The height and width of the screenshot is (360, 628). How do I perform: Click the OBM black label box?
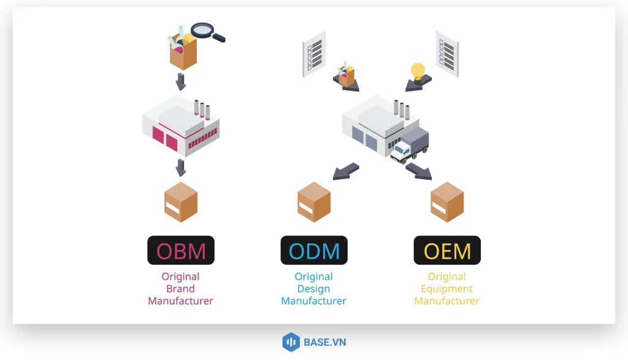(181, 250)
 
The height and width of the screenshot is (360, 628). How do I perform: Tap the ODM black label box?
(314, 250)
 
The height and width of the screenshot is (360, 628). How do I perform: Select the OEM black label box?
(447, 250)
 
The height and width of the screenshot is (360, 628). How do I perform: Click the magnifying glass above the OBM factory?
(206, 31)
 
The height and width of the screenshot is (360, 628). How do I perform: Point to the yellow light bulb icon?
(418, 71)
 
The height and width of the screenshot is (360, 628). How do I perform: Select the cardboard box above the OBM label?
(181, 202)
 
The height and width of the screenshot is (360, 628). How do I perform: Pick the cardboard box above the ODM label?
(314, 202)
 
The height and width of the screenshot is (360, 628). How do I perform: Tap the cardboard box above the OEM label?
(447, 202)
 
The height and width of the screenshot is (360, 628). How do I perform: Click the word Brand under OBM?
(180, 289)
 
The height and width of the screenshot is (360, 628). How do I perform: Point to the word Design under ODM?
(313, 289)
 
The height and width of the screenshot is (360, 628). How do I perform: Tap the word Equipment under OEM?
(446, 289)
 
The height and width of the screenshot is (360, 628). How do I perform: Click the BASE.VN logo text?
(324, 342)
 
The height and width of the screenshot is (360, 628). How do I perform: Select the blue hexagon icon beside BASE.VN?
(290, 342)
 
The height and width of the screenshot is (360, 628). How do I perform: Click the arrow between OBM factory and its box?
(181, 167)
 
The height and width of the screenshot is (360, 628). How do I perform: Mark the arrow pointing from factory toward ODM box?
(346, 171)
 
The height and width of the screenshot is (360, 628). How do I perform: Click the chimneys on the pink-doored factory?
(202, 109)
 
